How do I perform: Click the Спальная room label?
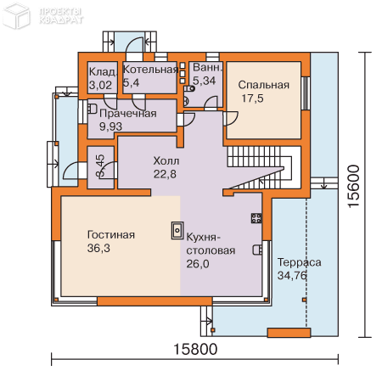pyautogui.click(x=263, y=85)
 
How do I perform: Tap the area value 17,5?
pyautogui.click(x=252, y=98)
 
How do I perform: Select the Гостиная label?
pyautogui.click(x=111, y=235)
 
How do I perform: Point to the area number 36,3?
pyautogui.click(x=98, y=248)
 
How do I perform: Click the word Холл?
pyautogui.click(x=166, y=160)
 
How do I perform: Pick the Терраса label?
pyautogui.click(x=299, y=262)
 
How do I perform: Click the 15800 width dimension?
pyautogui.click(x=195, y=349)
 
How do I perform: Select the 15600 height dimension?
pyautogui.click(x=354, y=186)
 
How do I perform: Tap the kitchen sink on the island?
pyautogui.click(x=177, y=231)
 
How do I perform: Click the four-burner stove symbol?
pyautogui.click(x=256, y=218)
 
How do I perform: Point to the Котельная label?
pyautogui.click(x=150, y=70)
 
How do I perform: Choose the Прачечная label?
pyautogui.click(x=128, y=114)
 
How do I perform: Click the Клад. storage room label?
pyautogui.click(x=103, y=72)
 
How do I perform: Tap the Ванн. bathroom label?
pyautogui.click(x=207, y=67)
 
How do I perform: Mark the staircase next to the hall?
pyautogui.click(x=260, y=167)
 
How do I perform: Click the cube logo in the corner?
pyautogui.click(x=16, y=16)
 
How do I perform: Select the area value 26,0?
pyautogui.click(x=198, y=264)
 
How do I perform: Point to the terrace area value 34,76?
pyautogui.click(x=292, y=275)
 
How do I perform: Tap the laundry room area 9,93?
pyautogui.click(x=110, y=126)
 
